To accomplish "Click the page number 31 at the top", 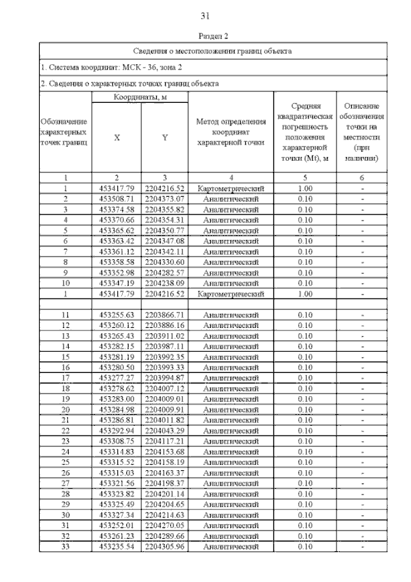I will (x=205, y=15).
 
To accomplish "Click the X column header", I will (x=116, y=138).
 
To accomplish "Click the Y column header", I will (x=164, y=138).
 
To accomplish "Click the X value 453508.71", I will (x=116, y=199).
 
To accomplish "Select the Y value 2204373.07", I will (x=164, y=199).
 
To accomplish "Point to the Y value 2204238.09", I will (x=164, y=282).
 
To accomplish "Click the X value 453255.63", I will (x=116, y=314).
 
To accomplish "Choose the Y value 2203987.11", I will (x=164, y=346).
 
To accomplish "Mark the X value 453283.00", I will (x=116, y=399).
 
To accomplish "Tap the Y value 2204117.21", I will (x=164, y=441).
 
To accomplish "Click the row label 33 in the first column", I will (x=66, y=547).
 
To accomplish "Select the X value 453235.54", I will (x=116, y=547).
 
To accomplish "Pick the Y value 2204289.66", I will (x=164, y=536).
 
